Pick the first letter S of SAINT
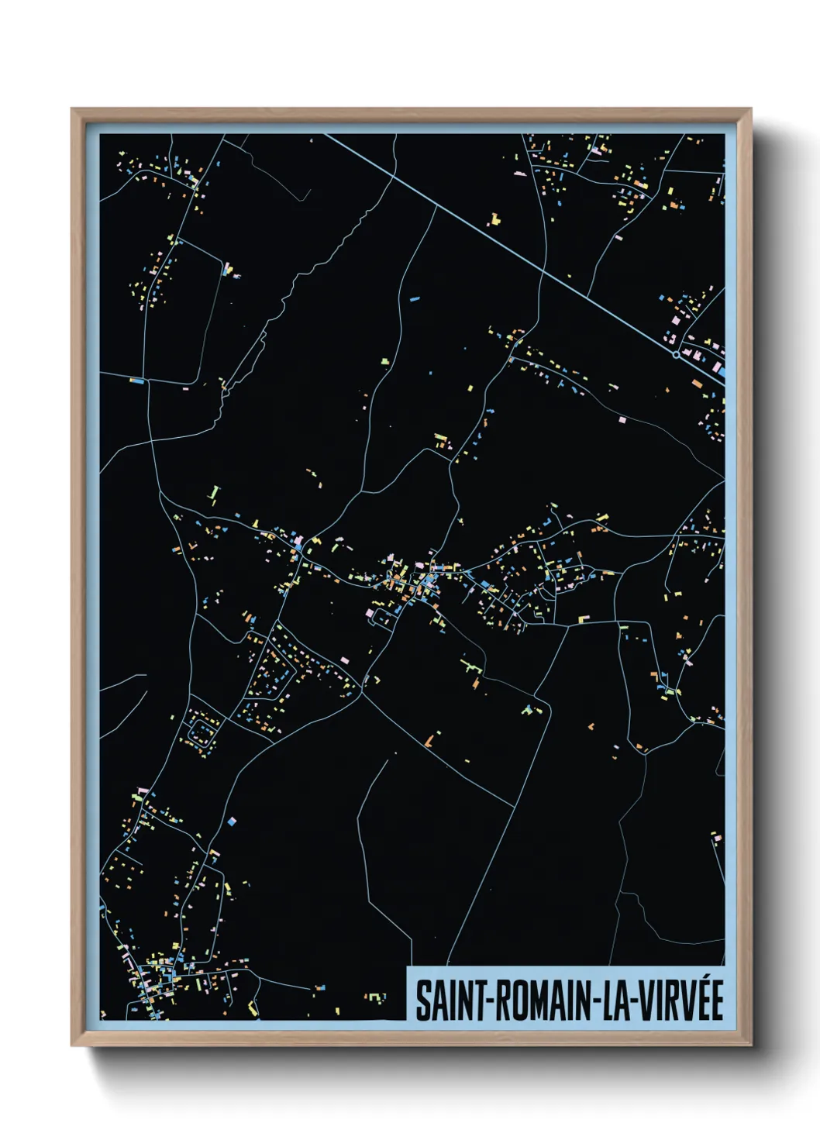point(423,1001)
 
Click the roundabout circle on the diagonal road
point(676,354)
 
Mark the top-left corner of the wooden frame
point(72,109)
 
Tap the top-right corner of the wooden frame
point(750,109)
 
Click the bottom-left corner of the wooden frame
point(72,1045)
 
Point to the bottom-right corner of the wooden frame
point(750,1045)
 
